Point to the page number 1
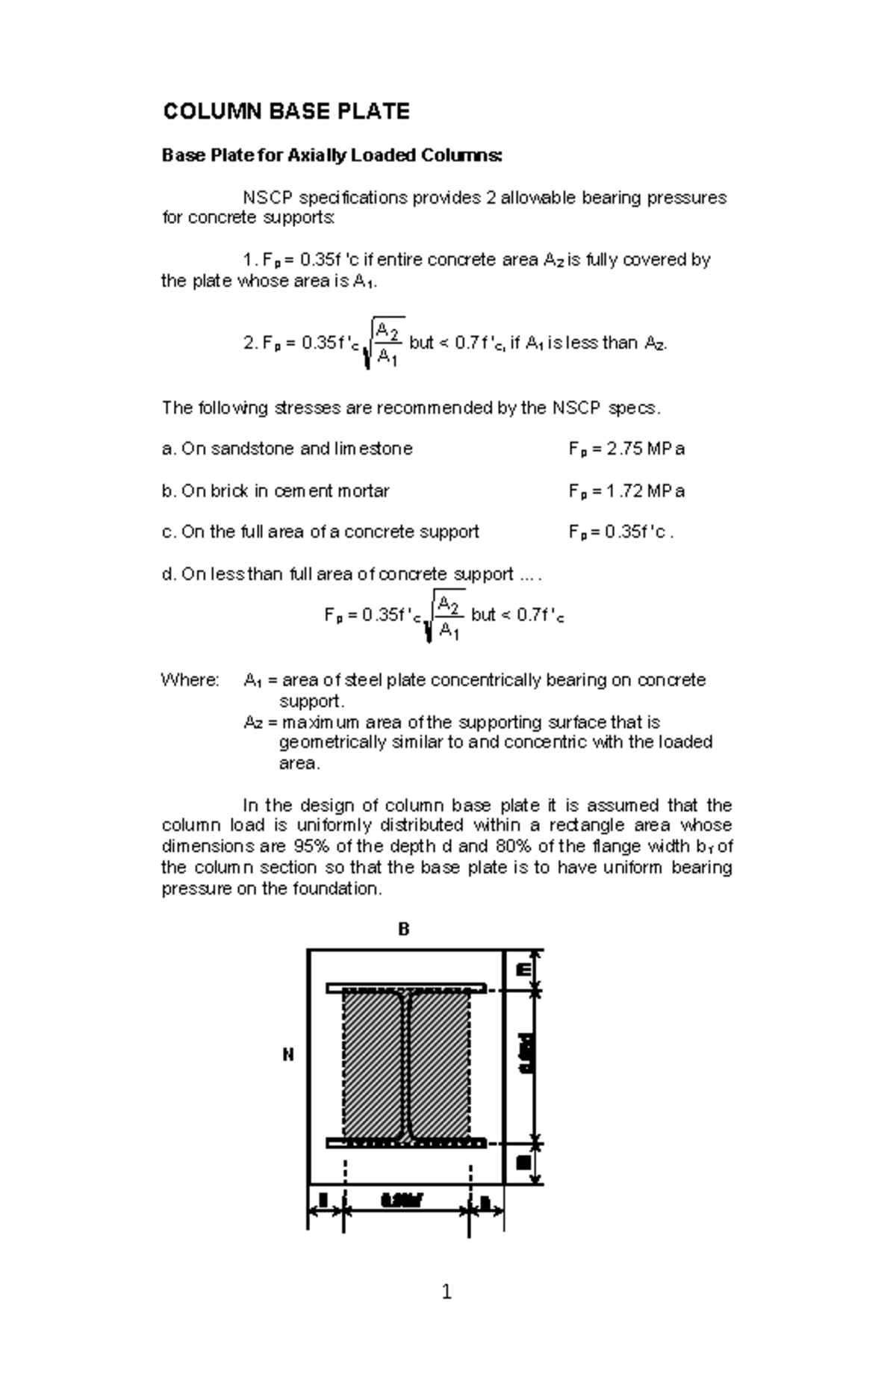[447, 1292]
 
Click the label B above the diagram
[403, 930]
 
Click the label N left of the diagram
[287, 1055]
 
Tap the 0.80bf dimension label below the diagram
[402, 1201]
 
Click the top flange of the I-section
[405, 988]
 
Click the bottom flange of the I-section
[405, 1143]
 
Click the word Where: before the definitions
[190, 680]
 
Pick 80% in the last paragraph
[511, 847]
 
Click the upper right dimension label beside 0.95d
[524, 970]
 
